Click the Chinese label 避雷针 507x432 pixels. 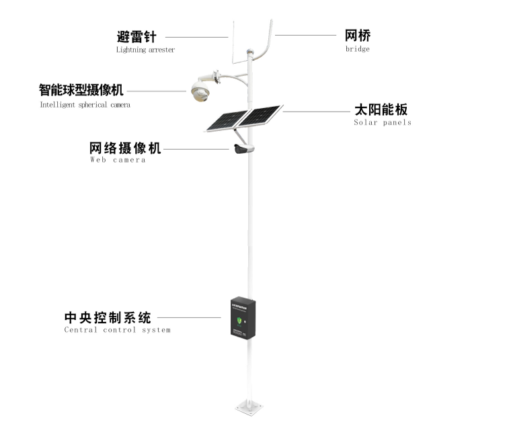pyautogui.click(x=136, y=37)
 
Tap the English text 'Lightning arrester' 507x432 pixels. pyautogui.click(x=145, y=50)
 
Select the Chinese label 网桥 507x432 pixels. pyautogui.click(x=357, y=36)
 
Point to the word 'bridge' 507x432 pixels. pyautogui.click(x=357, y=49)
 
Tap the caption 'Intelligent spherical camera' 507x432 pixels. pyautogui.click(x=85, y=105)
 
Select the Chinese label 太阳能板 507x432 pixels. pyautogui.click(x=381, y=110)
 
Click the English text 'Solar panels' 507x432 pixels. pyautogui.click(x=383, y=123)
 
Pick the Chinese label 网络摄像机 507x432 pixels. pyautogui.click(x=125, y=148)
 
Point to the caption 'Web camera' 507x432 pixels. pyautogui.click(x=118, y=161)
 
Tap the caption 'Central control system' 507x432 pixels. pyautogui.click(x=117, y=330)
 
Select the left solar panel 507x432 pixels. pyautogui.click(x=225, y=121)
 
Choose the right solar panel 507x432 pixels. pyautogui.click(x=262, y=116)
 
